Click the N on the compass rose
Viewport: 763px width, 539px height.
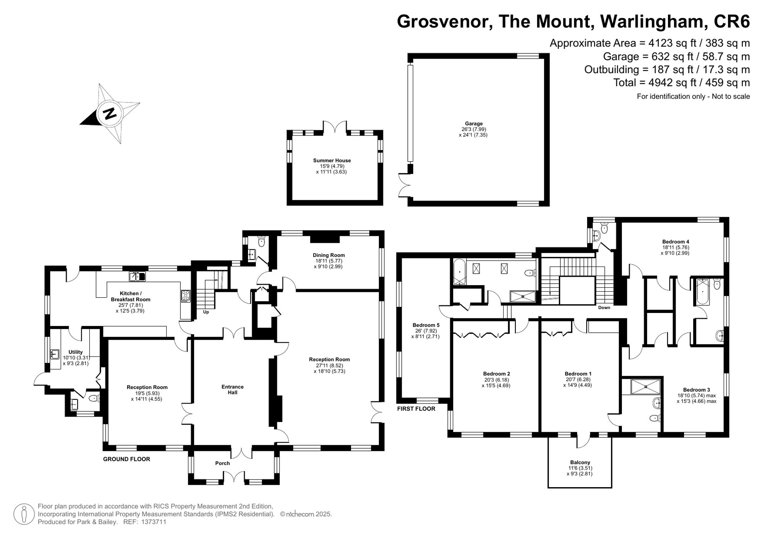coord(110,113)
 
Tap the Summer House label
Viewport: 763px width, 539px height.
coord(332,160)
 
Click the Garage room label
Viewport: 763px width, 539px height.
coord(473,124)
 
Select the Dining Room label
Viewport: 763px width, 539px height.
coord(329,255)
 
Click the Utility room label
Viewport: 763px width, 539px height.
coord(76,352)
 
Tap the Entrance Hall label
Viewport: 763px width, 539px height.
coord(233,390)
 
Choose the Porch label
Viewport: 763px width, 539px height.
coord(222,463)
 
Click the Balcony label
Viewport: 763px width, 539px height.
coord(580,462)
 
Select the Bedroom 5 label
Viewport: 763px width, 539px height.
coord(426,325)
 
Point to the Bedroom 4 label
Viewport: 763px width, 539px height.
coord(676,242)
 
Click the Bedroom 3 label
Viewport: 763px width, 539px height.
coord(697,390)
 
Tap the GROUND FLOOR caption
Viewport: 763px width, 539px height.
coord(127,459)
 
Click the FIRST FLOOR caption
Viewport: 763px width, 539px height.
coord(416,409)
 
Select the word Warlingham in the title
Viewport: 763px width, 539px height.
coord(652,21)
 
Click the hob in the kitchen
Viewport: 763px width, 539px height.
coord(185,296)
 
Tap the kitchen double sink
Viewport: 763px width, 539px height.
coord(137,276)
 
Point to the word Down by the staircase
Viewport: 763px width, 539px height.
coord(604,308)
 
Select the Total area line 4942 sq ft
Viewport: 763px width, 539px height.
coord(681,83)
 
